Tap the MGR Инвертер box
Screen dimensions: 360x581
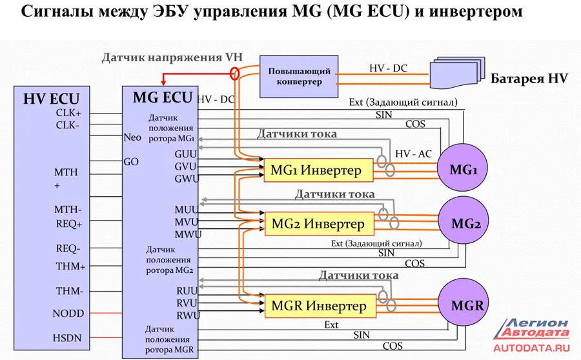pos(318,305)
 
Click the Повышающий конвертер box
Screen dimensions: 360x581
pos(299,76)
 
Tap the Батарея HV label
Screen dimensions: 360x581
pos(529,79)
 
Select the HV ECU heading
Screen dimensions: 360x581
pos(51,99)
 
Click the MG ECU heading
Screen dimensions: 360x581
pos(162,97)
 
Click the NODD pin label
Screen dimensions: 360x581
pos(68,314)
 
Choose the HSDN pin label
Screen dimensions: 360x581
pos(67,338)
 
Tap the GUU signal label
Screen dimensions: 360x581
pos(187,155)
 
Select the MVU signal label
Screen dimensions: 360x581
pos(187,222)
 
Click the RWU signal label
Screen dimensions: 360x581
pos(187,315)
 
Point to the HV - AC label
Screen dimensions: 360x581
pos(414,154)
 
